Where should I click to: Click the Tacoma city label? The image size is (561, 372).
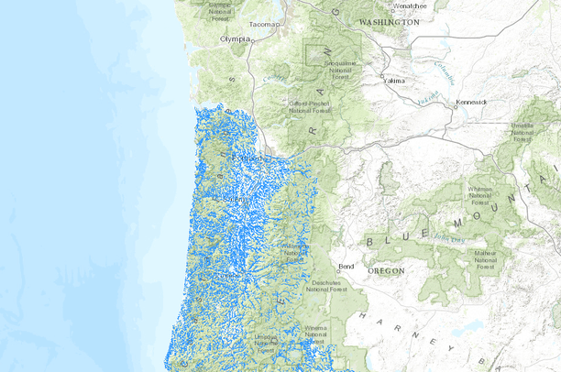(262, 24)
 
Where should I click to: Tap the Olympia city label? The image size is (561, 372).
(235, 39)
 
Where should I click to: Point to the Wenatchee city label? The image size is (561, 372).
(408, 5)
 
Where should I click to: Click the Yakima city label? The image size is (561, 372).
(394, 80)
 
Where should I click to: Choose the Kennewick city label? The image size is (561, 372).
(473, 102)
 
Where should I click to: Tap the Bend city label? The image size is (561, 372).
(346, 267)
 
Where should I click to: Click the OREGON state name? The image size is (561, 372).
(386, 271)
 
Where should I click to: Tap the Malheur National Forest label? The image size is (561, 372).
(485, 257)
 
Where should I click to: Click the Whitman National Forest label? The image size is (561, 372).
(479, 195)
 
